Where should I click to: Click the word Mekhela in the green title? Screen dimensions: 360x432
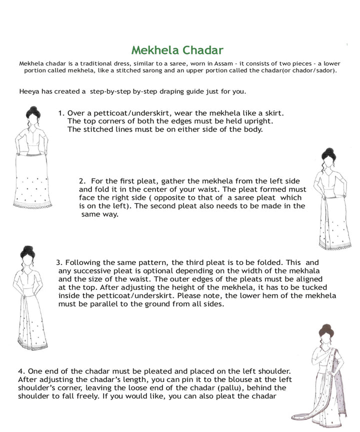155,50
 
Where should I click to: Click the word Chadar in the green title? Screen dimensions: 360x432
203,50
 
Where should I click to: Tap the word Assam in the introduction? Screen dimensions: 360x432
223,63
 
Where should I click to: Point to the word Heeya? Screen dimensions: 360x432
29,91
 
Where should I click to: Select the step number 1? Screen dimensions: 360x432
61,113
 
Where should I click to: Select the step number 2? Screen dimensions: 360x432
82,181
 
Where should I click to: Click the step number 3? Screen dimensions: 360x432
59,262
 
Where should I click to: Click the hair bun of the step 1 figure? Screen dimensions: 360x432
33,109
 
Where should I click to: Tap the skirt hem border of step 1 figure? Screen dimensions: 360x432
32,205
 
